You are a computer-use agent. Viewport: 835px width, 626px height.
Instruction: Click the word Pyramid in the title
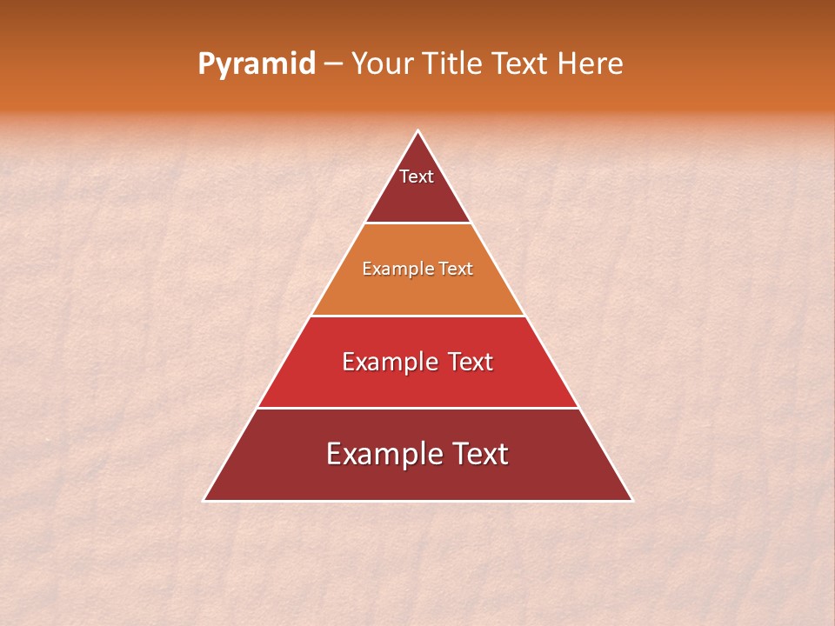(x=257, y=64)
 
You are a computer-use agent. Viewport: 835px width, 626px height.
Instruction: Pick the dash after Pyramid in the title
(x=333, y=64)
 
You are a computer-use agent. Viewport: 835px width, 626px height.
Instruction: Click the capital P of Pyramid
(x=205, y=63)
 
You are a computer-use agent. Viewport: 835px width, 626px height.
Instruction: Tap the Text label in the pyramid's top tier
(x=417, y=176)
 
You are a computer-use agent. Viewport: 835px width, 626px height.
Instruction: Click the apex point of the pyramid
(x=417, y=131)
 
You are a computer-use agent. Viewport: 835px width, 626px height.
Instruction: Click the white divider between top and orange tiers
(x=417, y=223)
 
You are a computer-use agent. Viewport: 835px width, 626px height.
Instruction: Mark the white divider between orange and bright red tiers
(x=417, y=316)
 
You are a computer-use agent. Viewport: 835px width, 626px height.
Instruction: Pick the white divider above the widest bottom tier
(x=417, y=408)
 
